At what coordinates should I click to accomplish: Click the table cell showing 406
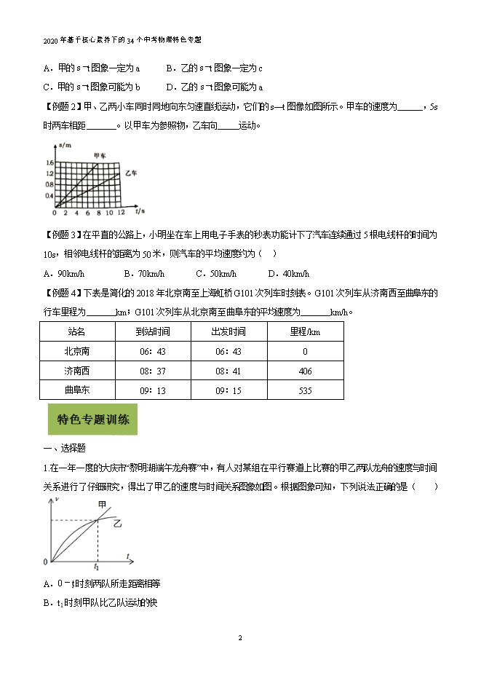click(x=305, y=371)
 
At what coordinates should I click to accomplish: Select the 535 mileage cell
click(x=305, y=390)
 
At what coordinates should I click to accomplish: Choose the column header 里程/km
click(x=305, y=331)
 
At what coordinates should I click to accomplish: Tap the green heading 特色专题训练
click(x=92, y=420)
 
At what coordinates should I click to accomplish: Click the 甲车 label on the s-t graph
click(x=100, y=155)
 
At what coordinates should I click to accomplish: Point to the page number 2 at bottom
click(x=240, y=638)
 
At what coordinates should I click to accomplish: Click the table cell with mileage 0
click(x=305, y=351)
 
